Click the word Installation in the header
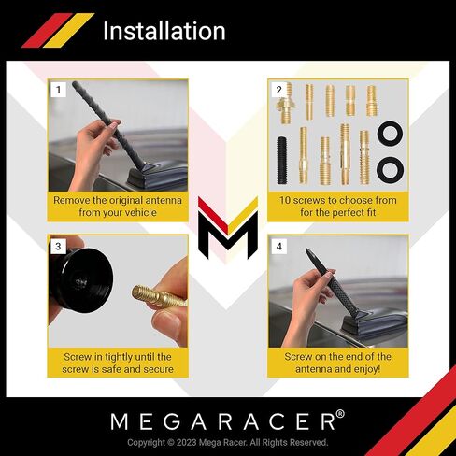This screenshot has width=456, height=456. (x=164, y=31)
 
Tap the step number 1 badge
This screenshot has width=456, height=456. (x=59, y=90)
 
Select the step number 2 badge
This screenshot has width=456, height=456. (x=278, y=90)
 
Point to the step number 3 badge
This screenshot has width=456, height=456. (x=59, y=247)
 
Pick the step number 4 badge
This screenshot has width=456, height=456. (x=278, y=247)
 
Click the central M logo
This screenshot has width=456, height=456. (x=227, y=228)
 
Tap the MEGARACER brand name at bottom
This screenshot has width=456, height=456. (x=221, y=420)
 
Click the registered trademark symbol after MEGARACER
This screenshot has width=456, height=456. (x=340, y=414)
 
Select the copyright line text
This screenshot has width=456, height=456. (x=227, y=442)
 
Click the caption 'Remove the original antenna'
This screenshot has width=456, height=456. (x=119, y=200)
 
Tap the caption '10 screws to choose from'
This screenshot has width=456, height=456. (x=338, y=200)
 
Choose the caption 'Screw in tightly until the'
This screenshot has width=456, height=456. (x=119, y=357)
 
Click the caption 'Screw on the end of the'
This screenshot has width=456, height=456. (x=338, y=357)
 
